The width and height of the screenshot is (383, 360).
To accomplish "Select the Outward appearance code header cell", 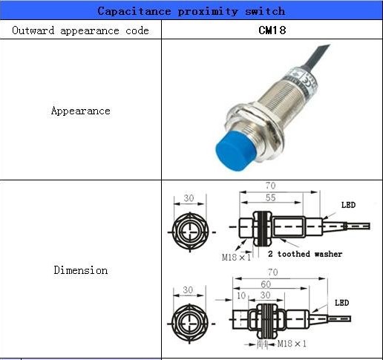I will click(x=81, y=30).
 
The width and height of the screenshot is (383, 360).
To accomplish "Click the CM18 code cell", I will click(x=272, y=30).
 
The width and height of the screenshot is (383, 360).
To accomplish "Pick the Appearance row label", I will click(x=80, y=111).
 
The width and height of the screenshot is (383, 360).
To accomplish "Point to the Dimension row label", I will click(x=80, y=270).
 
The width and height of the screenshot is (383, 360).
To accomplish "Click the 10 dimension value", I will click(x=240, y=295).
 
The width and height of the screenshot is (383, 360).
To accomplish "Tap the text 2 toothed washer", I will click(x=310, y=254).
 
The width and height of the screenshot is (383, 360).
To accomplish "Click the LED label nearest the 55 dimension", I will click(x=349, y=205).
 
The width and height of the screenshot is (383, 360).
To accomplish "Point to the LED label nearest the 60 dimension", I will click(x=341, y=303).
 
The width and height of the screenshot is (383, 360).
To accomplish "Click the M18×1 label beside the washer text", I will click(x=238, y=257).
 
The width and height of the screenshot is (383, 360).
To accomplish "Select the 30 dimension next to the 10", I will click(x=265, y=295).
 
